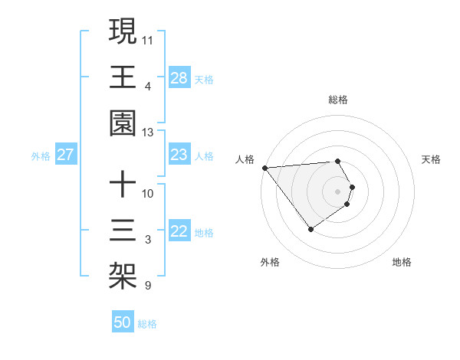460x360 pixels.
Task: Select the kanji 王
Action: click(123, 77)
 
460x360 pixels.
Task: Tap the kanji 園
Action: click(123, 123)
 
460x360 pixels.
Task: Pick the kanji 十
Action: click(123, 185)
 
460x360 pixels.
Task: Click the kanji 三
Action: click(123, 231)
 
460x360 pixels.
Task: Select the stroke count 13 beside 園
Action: click(148, 132)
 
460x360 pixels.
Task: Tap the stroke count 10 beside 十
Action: click(148, 193)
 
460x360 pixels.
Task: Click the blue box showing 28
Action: click(179, 78)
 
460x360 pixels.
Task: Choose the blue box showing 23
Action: click(179, 155)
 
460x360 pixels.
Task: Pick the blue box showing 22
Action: click(179, 232)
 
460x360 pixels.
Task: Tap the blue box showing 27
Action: click(66, 155)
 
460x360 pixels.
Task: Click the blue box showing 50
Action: click(123, 322)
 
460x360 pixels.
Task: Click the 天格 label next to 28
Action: click(204, 79)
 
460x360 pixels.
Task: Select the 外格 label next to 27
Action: click(41, 156)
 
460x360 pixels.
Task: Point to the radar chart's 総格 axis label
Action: click(338, 100)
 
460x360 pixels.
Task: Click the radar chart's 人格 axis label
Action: click(245, 159)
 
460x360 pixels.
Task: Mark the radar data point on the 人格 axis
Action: click(264, 167)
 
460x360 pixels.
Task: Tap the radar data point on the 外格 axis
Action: click(310, 229)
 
